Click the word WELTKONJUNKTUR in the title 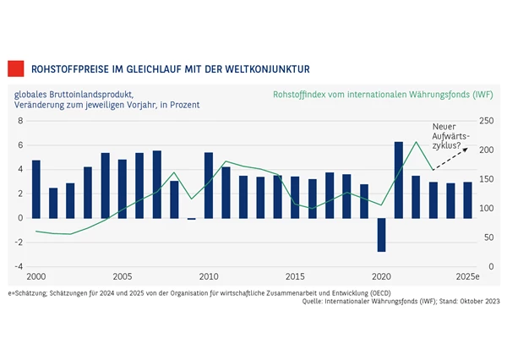pos(266,68)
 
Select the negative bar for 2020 pos(381,234)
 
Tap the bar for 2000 pos(35,188)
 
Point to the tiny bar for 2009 pos(191,219)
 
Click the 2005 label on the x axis pos(122,277)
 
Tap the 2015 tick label pos(295,277)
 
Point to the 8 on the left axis pos(20,121)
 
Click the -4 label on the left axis pos(19,267)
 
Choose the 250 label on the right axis pos(486,121)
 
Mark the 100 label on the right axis pos(486,209)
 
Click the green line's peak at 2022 pos(416,142)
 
